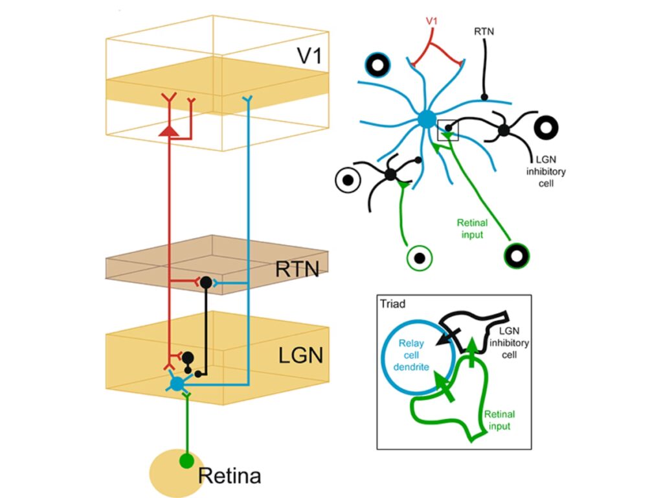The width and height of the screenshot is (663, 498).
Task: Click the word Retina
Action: click(229, 476)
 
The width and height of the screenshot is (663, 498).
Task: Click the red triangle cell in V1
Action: click(169, 130)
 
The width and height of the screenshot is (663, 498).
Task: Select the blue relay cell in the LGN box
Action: click(176, 383)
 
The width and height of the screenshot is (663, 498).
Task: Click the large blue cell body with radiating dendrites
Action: click(426, 119)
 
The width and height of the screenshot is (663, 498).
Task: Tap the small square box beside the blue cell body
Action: click(447, 130)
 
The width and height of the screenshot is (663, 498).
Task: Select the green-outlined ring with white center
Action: click(517, 255)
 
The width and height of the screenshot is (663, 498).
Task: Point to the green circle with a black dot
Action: click(420, 258)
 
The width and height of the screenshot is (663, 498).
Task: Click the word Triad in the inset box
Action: click(394, 303)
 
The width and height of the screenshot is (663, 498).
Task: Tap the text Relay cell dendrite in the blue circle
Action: click(414, 356)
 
